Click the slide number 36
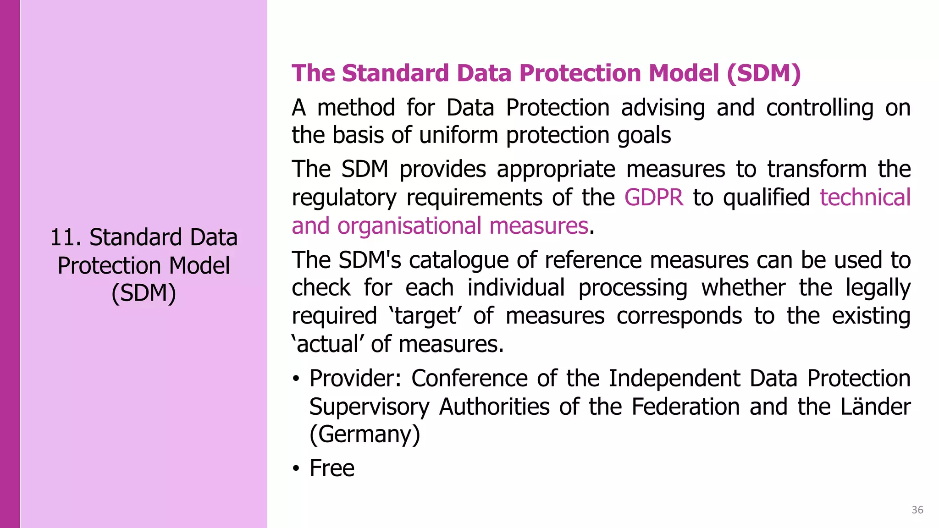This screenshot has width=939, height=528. pos(917,510)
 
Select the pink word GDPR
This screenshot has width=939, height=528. pos(653,198)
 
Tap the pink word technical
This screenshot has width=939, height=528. pos(865,198)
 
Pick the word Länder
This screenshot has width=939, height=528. pos(875,407)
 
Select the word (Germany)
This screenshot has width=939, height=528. pos(365,434)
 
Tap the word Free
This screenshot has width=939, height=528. pos(332,468)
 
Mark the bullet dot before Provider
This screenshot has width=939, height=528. pos(296,379)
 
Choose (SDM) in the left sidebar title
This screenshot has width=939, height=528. pos(144,293)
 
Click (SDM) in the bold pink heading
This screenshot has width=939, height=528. pos(763,73)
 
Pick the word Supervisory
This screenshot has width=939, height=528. pos(369,407)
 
